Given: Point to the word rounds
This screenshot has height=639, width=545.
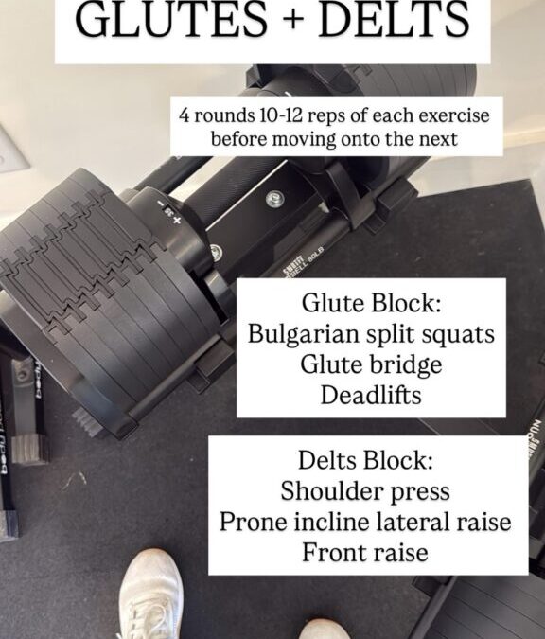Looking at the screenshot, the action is point(223,115).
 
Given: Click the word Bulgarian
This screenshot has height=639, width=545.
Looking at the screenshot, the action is point(304,335).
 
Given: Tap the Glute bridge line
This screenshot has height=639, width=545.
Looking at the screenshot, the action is point(371,364).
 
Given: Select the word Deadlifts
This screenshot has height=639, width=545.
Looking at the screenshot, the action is point(371,395).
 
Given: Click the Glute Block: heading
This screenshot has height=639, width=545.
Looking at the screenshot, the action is point(371,303).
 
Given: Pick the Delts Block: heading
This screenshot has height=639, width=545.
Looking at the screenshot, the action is point(365,460).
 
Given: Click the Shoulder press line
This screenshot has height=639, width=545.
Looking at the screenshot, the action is point(365,491).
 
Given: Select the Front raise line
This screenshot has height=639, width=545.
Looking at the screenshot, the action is point(365,553).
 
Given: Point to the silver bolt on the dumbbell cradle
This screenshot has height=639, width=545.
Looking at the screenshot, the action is point(275,200).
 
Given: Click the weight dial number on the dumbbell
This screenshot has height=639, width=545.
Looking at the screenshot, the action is point(167,211).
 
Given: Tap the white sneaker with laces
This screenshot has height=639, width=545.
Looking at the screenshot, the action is point(150,595).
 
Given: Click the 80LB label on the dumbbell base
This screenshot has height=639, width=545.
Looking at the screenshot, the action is point(316,256).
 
